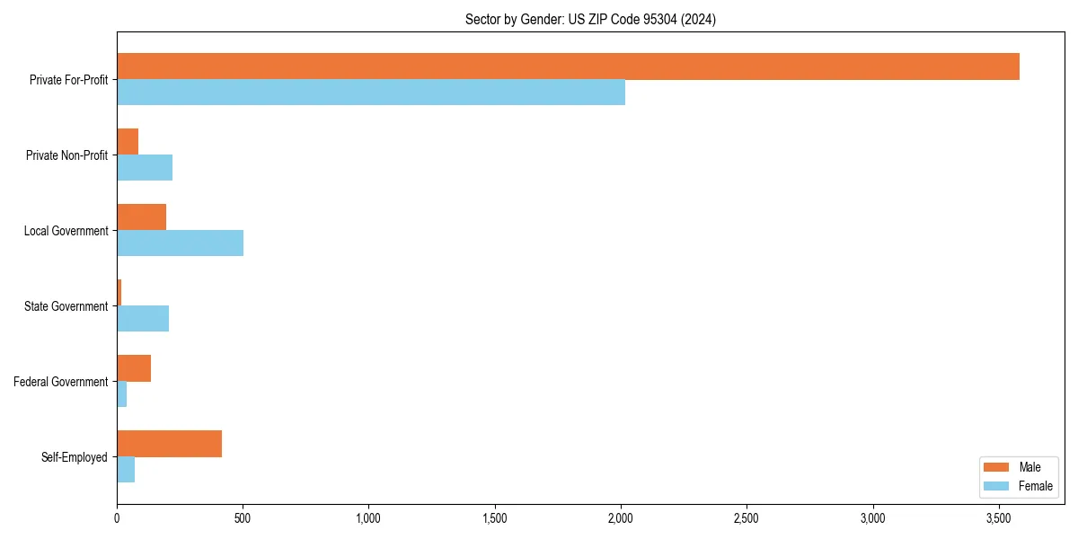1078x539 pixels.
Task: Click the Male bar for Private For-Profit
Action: (x=568, y=66)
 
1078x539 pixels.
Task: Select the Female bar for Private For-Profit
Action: (x=371, y=93)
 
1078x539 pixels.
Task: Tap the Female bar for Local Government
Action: (x=180, y=243)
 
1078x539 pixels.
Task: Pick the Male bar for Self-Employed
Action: (x=169, y=444)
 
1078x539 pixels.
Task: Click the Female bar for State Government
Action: (x=143, y=319)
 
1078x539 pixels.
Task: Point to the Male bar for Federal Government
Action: (x=134, y=368)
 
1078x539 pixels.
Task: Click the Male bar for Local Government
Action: (x=141, y=216)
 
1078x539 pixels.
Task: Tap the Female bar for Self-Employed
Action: (x=126, y=470)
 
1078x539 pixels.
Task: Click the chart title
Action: (x=590, y=19)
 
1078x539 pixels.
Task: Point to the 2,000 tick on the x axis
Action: (x=621, y=518)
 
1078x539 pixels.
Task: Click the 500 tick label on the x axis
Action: (x=243, y=518)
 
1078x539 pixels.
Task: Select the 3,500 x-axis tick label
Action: (x=999, y=518)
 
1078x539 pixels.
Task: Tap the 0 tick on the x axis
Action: (x=117, y=518)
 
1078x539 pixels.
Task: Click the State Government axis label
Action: (x=66, y=306)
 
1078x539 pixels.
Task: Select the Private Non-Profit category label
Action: (x=66, y=155)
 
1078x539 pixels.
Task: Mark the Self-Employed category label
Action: (x=74, y=457)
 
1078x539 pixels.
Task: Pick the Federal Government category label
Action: (x=60, y=382)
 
